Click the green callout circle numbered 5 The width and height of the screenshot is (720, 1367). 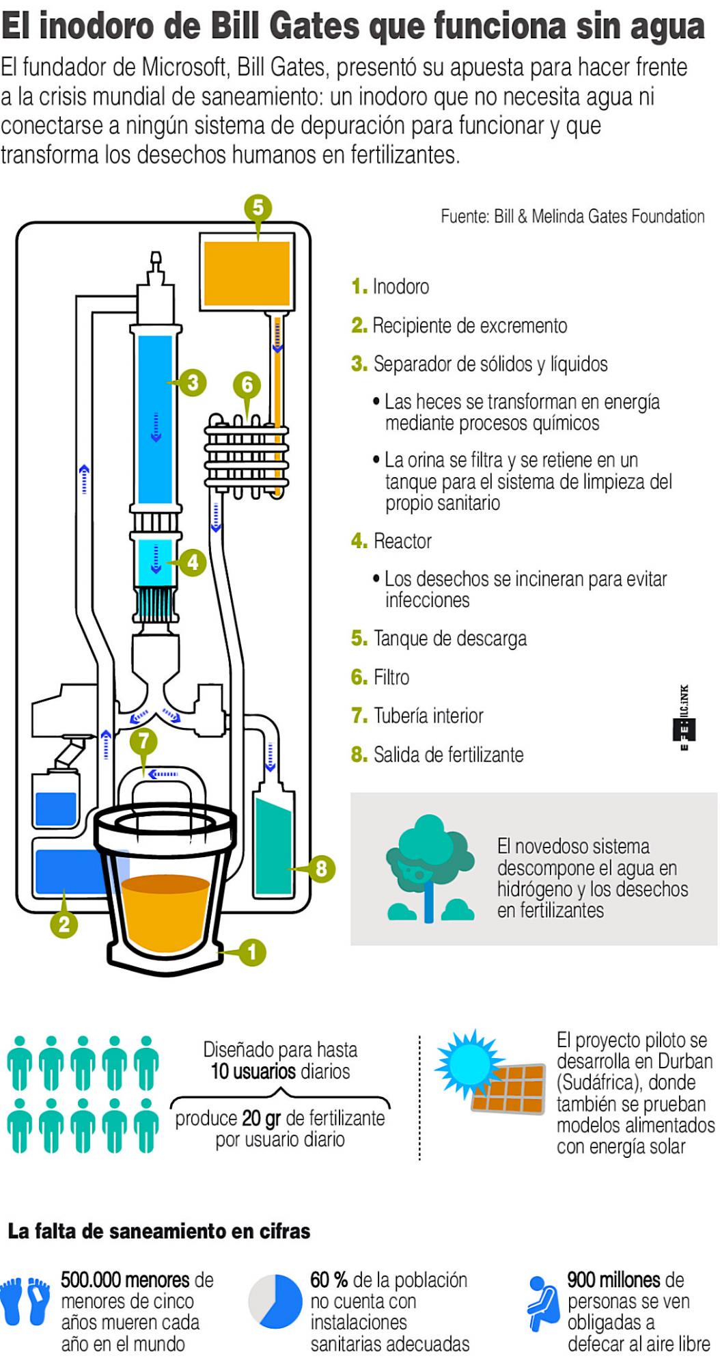coord(258,207)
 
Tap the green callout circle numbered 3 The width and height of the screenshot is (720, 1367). coord(193,382)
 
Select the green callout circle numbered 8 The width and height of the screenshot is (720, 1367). coord(321,869)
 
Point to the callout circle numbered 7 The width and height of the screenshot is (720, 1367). coord(143,740)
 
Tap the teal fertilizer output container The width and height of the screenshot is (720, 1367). coord(273,848)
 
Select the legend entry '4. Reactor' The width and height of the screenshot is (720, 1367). coord(391,541)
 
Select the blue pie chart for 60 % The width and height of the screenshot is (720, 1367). coord(275,1301)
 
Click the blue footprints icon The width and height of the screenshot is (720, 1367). coord(26,1301)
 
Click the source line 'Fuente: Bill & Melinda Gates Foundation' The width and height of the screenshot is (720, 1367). coord(572,217)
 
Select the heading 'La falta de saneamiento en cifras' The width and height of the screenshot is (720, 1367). coord(158,1231)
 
